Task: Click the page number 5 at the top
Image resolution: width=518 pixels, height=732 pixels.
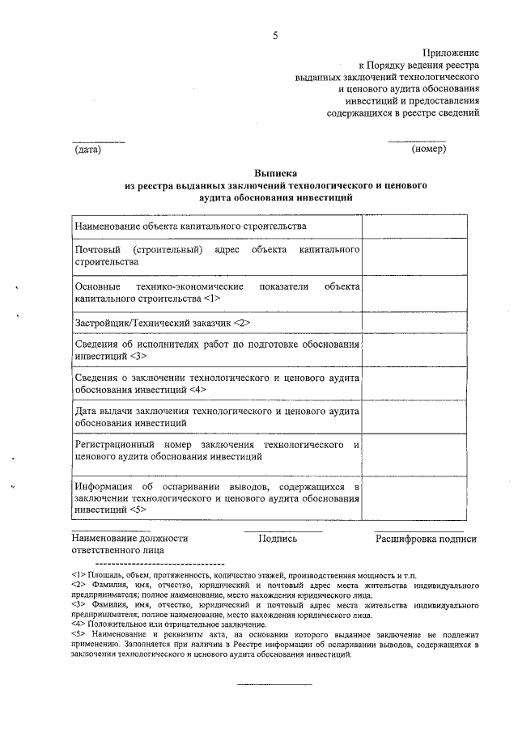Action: pyautogui.click(x=276, y=36)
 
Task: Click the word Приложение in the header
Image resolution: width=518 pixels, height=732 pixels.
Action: pyautogui.click(x=452, y=51)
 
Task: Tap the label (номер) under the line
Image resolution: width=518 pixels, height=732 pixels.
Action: pyautogui.click(x=428, y=149)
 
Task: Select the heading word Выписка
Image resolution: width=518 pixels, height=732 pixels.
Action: pyautogui.click(x=275, y=173)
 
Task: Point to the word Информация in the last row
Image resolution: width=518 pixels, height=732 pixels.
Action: pyautogui.click(x=103, y=488)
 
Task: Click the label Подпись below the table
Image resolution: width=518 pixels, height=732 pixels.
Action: pyautogui.click(x=278, y=538)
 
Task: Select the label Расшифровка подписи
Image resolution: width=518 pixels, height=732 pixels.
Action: pyautogui.click(x=425, y=538)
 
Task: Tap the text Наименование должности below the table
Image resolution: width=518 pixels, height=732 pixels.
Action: pyautogui.click(x=129, y=538)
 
